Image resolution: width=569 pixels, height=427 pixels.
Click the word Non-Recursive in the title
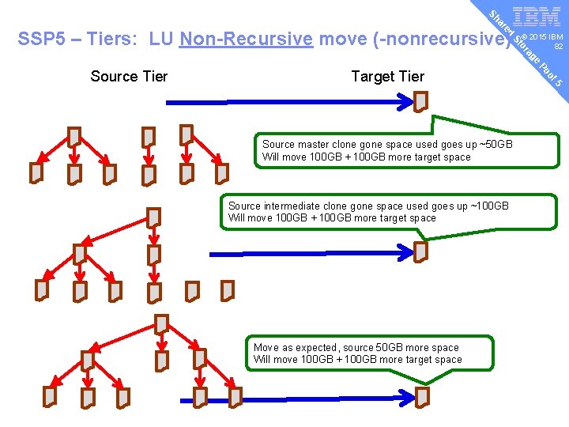click(246, 40)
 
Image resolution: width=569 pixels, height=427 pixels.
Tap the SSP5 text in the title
click(40, 40)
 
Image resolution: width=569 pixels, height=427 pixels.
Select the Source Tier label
click(129, 77)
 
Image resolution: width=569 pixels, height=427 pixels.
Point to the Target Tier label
click(387, 77)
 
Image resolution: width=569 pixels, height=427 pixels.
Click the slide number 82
click(558, 47)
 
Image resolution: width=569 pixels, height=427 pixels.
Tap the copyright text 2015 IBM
click(546, 37)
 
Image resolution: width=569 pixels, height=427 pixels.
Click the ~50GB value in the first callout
click(496, 145)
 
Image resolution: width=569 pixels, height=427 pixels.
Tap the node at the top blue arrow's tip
click(420, 102)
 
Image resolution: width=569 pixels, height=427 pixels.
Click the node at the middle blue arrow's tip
click(420, 252)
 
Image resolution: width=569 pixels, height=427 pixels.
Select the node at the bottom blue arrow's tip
click(422, 396)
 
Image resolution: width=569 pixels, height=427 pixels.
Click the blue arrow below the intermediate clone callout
click(316, 254)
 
